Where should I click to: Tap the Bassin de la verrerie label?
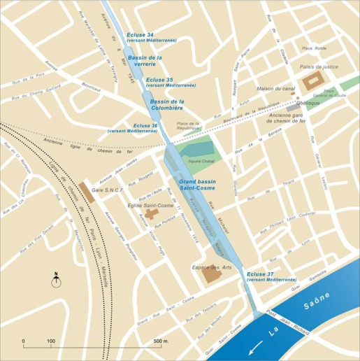pyautogui.click(x=145, y=60)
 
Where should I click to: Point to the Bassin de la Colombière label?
pyautogui.click(x=166, y=105)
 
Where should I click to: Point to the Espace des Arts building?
pyautogui.click(x=210, y=274)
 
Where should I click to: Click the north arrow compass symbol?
pyautogui.click(x=56, y=281)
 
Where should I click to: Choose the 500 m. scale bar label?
pyautogui.click(x=161, y=341)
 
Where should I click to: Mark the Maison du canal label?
pyautogui.click(x=275, y=89)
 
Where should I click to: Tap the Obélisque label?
pyautogui.click(x=308, y=103)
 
